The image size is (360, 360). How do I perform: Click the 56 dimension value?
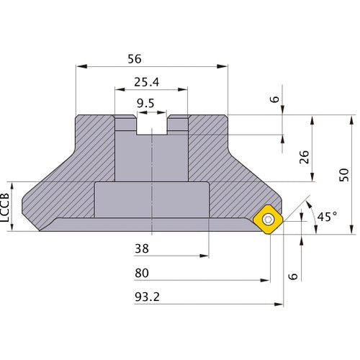tap(151, 58)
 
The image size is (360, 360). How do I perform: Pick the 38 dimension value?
tap(143, 248)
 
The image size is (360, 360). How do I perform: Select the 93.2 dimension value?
tap(148, 296)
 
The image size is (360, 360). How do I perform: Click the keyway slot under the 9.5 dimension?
tap(152, 126)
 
